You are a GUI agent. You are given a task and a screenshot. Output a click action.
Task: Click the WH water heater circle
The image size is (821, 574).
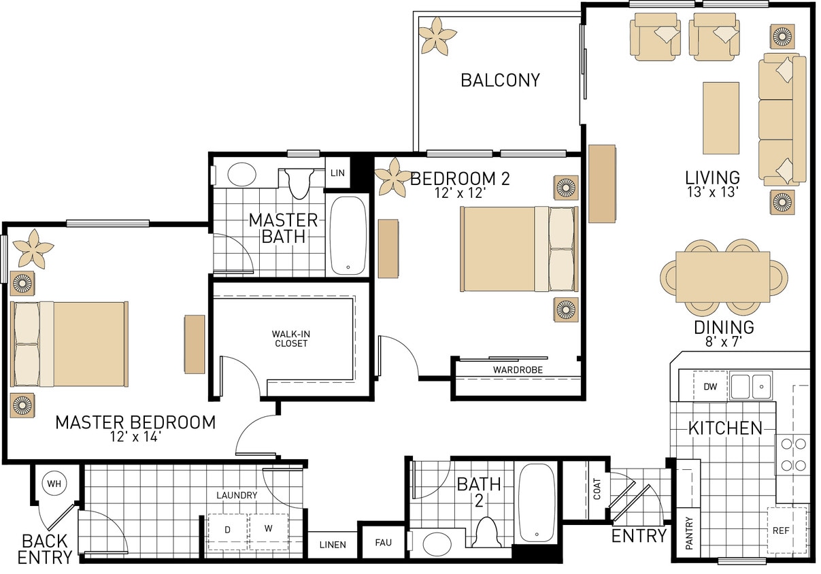pos(54,484)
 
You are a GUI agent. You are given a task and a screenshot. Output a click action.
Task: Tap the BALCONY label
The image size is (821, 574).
pos(500,80)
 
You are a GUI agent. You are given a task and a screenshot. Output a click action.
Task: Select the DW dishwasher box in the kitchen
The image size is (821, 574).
pos(710,386)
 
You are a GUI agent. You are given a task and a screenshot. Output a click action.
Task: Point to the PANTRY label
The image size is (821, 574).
pos(689,534)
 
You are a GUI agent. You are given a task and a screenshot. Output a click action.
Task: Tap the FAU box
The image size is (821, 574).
pos(383,543)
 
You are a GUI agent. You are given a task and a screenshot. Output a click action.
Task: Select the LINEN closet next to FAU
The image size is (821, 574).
pos(333,544)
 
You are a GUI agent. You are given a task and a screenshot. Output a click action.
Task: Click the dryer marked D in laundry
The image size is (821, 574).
pos(228,529)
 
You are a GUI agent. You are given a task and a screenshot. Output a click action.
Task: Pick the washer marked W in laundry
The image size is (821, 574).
pos(269,529)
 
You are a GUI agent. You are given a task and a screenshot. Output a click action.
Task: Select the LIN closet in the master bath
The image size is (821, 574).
pos(337,173)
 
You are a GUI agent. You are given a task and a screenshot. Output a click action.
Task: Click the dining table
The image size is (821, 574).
pos(722,277)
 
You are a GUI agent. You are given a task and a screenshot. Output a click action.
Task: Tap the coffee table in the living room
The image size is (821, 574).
pos(721,118)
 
